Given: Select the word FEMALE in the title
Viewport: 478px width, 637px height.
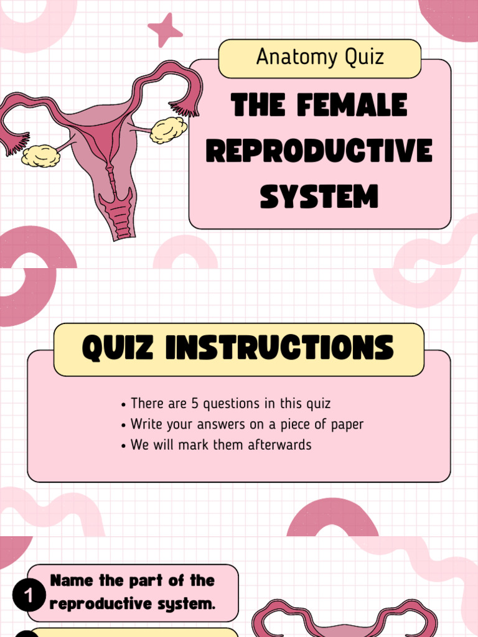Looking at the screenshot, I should click(352, 106).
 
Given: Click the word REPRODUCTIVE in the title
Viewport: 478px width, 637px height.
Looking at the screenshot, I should click(319, 151).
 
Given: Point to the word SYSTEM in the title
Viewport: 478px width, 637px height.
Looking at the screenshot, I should click(319, 197).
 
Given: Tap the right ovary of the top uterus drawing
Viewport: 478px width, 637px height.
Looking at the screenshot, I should click(168, 129).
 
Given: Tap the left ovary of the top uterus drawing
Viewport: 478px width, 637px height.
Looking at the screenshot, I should click(40, 156).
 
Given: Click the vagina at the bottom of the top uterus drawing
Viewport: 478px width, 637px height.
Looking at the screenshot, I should click(117, 215).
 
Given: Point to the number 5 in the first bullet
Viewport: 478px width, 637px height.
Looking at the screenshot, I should click(195, 403).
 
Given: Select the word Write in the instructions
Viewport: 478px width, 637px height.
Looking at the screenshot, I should click(146, 424).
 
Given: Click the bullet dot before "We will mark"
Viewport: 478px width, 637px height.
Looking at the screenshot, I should click(124, 446).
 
